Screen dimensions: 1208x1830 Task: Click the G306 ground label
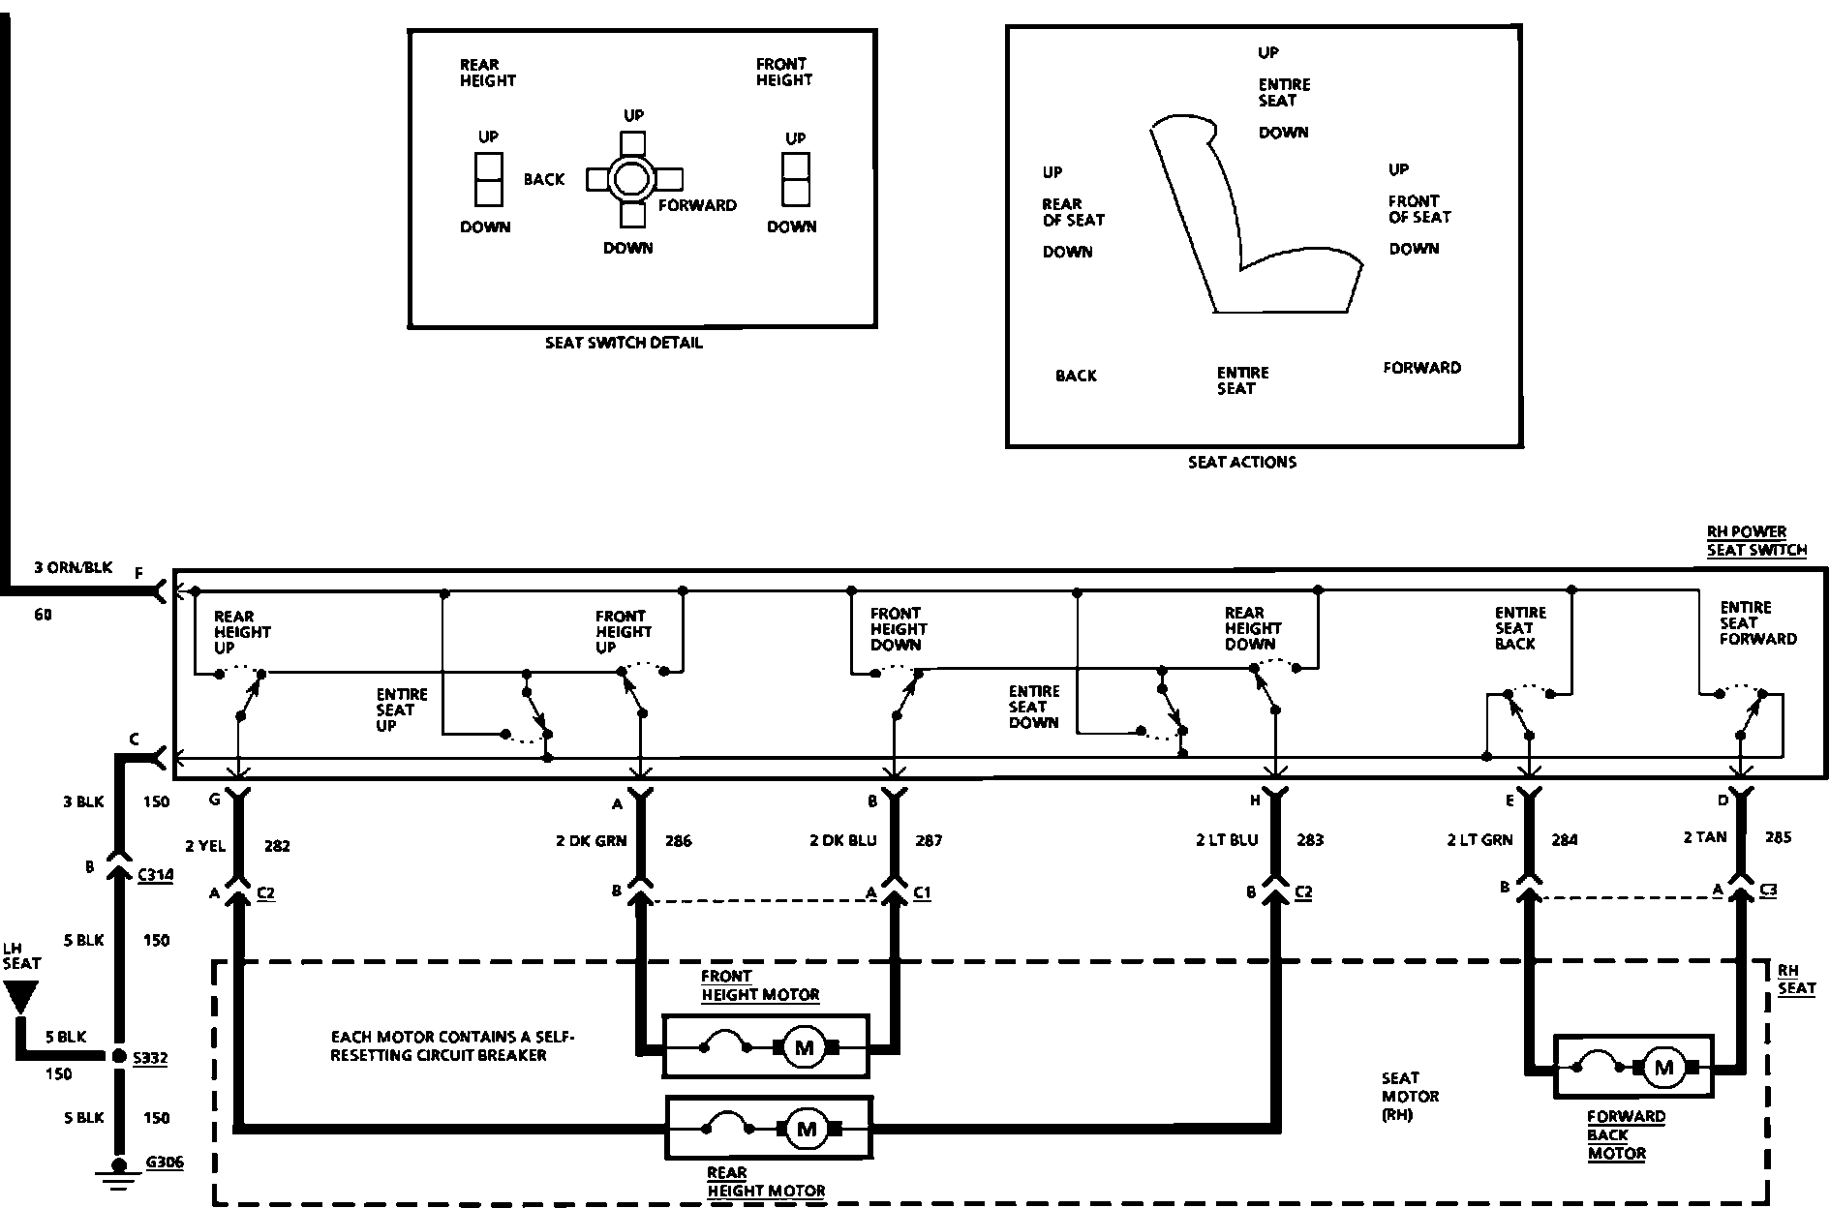(164, 1163)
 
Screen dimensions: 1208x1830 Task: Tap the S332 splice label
(150, 1058)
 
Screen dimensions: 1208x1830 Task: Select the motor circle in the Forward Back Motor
(1663, 1068)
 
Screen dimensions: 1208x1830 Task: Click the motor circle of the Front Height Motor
(803, 1046)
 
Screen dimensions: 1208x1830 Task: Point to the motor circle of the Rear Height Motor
(805, 1128)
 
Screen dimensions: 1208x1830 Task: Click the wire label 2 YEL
(204, 846)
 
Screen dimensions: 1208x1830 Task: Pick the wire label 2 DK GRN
(591, 840)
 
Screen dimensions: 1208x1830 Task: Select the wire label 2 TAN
(1705, 837)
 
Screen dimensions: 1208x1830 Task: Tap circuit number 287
(928, 840)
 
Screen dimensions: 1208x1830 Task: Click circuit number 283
(1309, 840)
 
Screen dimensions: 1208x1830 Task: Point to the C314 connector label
(155, 875)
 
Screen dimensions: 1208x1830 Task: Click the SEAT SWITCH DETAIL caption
(624, 343)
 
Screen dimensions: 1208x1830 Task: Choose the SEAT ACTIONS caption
(1242, 463)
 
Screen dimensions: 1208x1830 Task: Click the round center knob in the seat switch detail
(631, 179)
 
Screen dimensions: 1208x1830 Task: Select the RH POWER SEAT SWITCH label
(1755, 541)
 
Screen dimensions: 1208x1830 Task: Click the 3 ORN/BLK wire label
(74, 567)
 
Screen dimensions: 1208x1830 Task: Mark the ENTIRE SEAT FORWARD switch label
(1757, 623)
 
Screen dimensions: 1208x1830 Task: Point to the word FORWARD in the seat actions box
(1421, 368)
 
